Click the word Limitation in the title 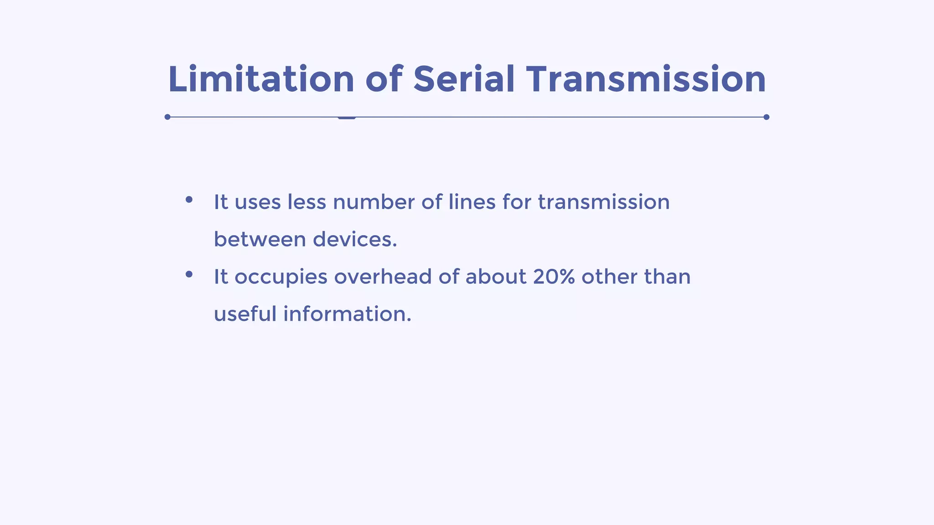coord(261,79)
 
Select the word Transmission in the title coord(646,79)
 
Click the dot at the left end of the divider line coord(167,117)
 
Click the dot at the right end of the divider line coord(766,117)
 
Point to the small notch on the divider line coord(347,118)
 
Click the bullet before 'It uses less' coord(189,200)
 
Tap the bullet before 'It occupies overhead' coord(189,274)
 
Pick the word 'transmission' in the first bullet coord(604,202)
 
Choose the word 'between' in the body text coord(259,239)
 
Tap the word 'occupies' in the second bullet coord(281,277)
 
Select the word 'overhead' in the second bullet coord(383,277)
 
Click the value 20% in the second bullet coord(554,277)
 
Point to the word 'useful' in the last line coord(245,314)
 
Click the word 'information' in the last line coord(345,314)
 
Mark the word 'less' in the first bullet coord(306,202)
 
